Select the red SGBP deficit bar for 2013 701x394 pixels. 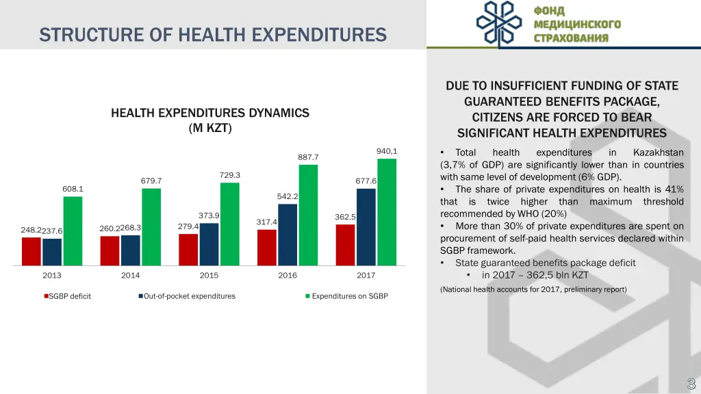[x=31, y=251]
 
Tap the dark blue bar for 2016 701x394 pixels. [x=288, y=235]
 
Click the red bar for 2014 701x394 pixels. [x=110, y=250]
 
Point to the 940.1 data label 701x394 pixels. [x=387, y=151]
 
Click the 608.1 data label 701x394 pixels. [x=73, y=189]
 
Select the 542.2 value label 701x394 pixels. [x=288, y=196]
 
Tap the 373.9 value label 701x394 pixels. [x=209, y=215]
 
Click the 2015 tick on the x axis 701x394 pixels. [x=209, y=276]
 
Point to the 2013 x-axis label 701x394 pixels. [x=52, y=276]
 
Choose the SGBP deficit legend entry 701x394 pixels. [x=69, y=296]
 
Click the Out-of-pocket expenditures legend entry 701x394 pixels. [x=189, y=296]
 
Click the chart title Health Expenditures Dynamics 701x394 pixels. [x=210, y=120]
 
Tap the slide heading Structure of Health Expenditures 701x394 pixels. [x=213, y=34]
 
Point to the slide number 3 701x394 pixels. [x=691, y=384]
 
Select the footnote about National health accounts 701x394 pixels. [x=533, y=289]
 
